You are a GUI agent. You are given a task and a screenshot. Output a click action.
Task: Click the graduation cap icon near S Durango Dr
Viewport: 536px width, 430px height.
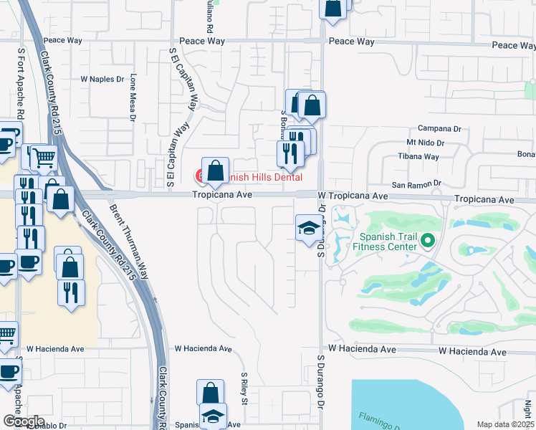309,228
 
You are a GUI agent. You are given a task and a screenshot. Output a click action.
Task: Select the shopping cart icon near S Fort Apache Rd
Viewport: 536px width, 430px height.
44,157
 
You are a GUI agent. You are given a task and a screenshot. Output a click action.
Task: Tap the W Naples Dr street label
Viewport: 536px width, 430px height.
103,79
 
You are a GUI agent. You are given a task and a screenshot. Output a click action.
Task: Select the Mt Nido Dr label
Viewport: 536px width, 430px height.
426,143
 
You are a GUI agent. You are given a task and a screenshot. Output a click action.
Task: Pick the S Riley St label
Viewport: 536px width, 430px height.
244,388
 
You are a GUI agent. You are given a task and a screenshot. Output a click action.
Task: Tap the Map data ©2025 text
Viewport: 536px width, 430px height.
505,424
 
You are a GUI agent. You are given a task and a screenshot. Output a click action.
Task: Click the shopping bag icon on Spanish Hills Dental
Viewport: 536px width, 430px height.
215,171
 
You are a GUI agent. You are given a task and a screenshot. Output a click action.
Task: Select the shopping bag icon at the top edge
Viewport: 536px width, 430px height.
333,8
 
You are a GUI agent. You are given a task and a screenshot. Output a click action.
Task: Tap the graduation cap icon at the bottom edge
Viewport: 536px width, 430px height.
212,416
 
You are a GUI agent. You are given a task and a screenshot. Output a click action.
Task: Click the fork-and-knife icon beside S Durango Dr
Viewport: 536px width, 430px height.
290,153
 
